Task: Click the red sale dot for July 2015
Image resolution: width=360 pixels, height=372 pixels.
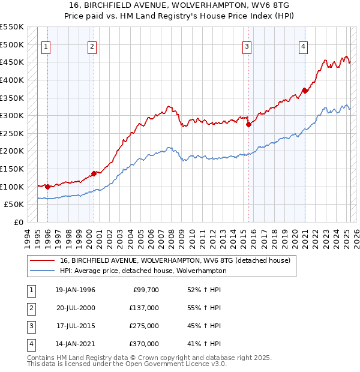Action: pos(248,124)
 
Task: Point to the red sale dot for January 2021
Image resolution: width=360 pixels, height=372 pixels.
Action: pos(305,91)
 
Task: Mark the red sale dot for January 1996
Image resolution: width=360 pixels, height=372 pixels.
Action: pos(47,187)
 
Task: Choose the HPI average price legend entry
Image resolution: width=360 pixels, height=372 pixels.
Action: pos(143,271)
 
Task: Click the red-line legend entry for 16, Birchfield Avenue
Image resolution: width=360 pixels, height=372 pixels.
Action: pos(175,260)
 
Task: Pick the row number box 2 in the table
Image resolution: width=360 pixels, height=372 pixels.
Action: pos(31,307)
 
